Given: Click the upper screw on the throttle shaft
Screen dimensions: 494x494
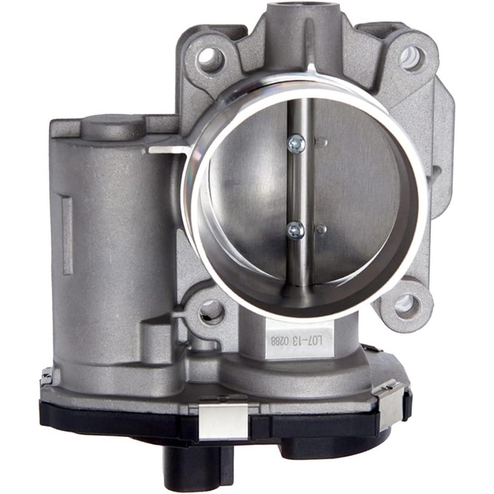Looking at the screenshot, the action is tap(296, 144).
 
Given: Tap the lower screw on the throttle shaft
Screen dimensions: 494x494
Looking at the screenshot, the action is tap(296, 230).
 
